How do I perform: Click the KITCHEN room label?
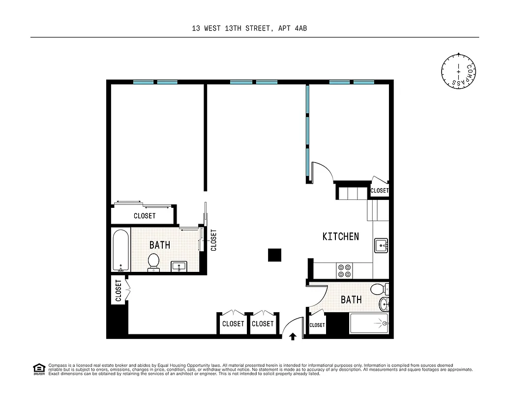[340, 236]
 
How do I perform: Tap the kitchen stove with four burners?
[344, 270]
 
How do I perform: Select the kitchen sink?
[381, 245]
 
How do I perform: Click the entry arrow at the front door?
[293, 337]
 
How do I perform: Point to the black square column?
[274, 255]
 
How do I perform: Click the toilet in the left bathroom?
[154, 262]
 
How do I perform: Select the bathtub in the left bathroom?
[120, 250]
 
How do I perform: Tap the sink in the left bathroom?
[179, 266]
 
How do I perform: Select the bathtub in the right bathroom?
[369, 324]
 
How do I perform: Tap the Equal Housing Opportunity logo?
[38, 368]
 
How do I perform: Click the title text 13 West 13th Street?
[250, 29]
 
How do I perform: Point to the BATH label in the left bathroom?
[159, 245]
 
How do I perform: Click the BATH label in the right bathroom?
[351, 299]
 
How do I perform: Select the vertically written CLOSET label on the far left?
[119, 291]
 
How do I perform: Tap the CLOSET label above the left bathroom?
[145, 216]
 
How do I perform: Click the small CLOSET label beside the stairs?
[379, 191]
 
